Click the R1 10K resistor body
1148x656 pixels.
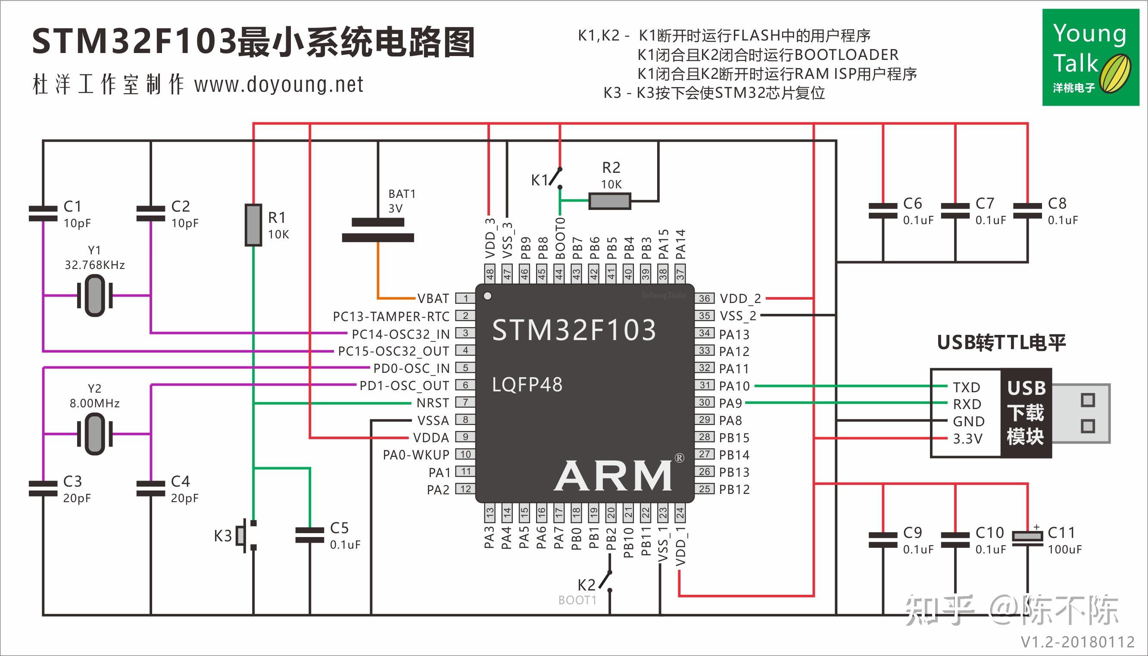[x=253, y=225]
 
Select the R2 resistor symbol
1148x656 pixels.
[x=609, y=201]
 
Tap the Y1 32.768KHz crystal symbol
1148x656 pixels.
[x=94, y=296]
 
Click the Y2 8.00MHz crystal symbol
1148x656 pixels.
[x=94, y=434]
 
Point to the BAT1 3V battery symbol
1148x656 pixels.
[x=377, y=230]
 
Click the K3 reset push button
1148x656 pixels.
[x=246, y=535]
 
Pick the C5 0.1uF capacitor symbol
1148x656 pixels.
[x=309, y=535]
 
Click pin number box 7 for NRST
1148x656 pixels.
[x=465, y=402]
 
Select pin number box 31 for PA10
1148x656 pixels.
[x=705, y=385]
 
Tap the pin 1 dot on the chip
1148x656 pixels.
[x=487, y=296]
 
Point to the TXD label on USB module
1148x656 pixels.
[x=966, y=387]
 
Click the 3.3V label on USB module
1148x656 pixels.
[x=967, y=438]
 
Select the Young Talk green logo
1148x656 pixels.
[x=1090, y=57]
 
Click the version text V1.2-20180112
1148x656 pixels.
[x=1077, y=642]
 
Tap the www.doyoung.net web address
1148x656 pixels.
[x=279, y=85]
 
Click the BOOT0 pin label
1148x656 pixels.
[x=560, y=238]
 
